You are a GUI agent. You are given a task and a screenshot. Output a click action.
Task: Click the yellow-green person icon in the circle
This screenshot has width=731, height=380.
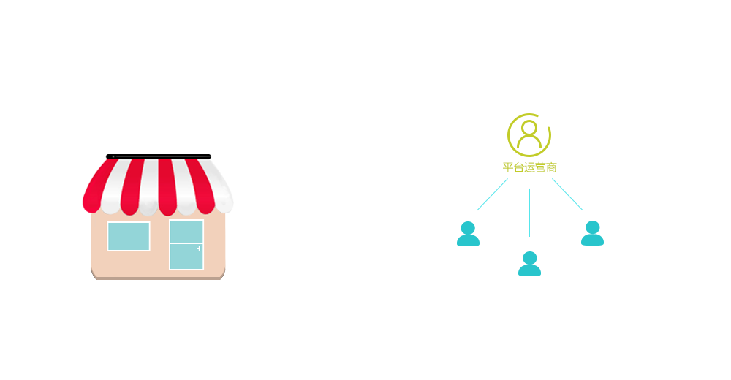click(529, 134)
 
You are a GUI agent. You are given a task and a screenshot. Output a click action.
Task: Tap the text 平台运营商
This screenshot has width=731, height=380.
click(529, 167)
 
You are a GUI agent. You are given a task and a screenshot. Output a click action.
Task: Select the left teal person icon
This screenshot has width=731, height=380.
click(468, 233)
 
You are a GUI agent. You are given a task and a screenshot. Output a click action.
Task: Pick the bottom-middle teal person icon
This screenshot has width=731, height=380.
click(529, 263)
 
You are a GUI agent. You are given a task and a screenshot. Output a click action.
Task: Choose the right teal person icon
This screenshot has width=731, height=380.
click(592, 233)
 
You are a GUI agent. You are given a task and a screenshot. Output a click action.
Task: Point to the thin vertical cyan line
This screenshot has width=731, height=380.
click(529, 212)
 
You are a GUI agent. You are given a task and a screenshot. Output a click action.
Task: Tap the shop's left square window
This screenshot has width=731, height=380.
click(129, 236)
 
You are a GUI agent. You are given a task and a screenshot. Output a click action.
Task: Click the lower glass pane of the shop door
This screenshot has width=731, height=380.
click(186, 256)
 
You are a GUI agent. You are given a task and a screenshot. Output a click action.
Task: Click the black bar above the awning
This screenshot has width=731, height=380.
click(157, 156)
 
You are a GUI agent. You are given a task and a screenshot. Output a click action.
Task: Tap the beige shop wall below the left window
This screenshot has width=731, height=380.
click(129, 263)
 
